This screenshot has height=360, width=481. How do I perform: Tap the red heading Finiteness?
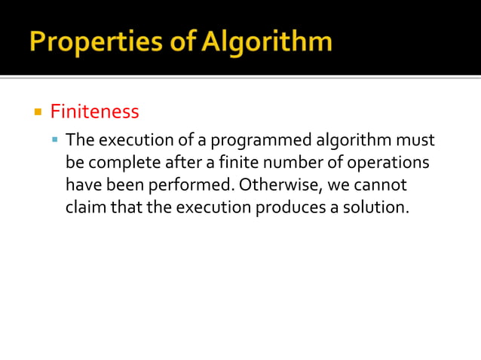click(94, 112)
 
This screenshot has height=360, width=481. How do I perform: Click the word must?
click(417, 141)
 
